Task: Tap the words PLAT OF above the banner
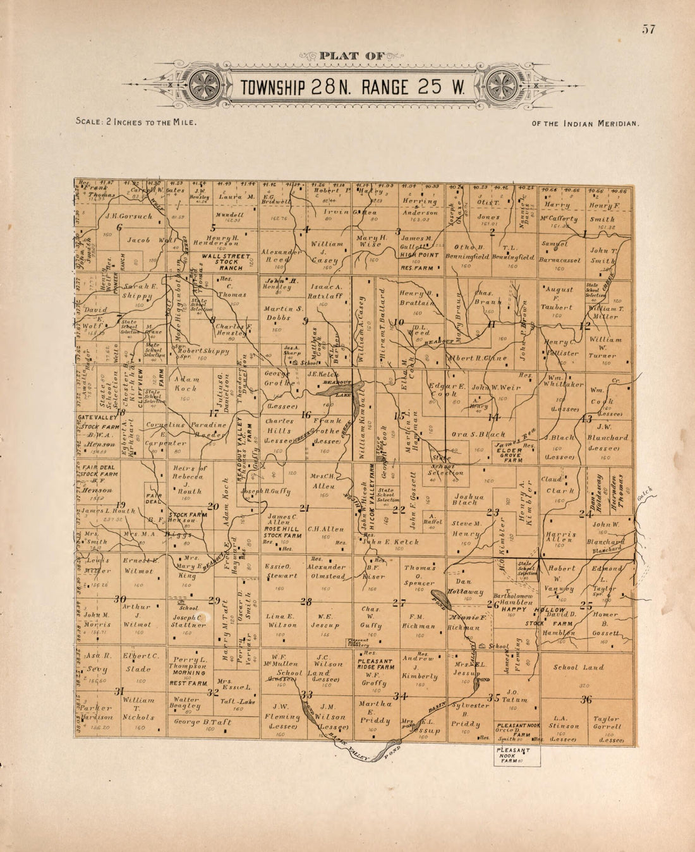(352, 56)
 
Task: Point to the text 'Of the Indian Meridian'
(585, 124)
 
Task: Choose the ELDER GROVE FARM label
(509, 455)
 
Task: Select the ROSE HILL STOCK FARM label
(282, 530)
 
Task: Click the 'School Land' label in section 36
(578, 667)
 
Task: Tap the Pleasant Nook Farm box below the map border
(516, 755)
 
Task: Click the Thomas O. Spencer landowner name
(420, 575)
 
